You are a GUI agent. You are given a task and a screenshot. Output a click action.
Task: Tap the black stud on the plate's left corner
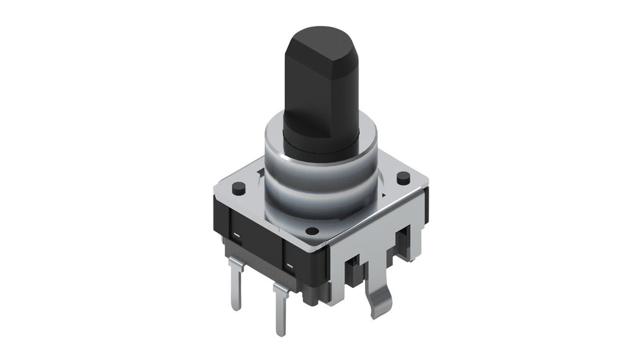click(x=239, y=188)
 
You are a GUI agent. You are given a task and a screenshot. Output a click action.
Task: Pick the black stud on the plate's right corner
click(x=403, y=177)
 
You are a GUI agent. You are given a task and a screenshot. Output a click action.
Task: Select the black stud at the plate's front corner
click(x=311, y=231)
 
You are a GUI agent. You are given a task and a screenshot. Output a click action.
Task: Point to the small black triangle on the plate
click(x=260, y=171)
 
